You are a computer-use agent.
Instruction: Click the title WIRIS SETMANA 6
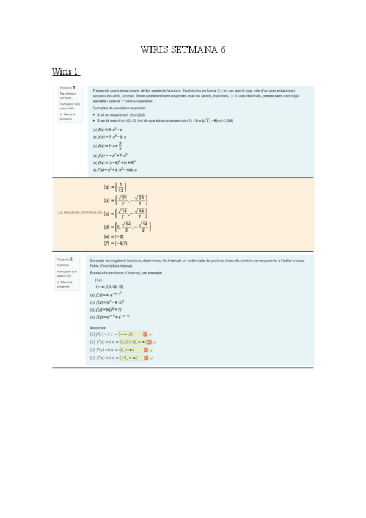coord(183,50)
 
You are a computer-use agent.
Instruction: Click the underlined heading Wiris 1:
coord(67,72)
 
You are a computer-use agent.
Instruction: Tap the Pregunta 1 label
coord(67,88)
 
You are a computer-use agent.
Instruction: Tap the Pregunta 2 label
coord(67,259)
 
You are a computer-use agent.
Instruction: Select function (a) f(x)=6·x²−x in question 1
coord(108,130)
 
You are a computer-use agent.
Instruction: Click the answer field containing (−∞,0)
coord(131,334)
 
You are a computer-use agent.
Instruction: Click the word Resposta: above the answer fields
coord(98,327)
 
